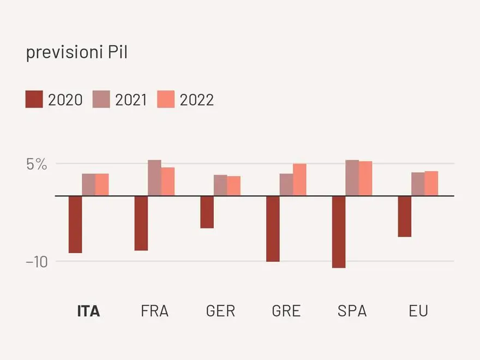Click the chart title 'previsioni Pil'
point(77,53)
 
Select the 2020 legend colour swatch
point(34,100)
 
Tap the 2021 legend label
point(131,100)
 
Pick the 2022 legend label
point(196,100)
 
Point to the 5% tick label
point(37,164)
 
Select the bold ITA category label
point(88,311)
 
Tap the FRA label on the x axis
point(154,311)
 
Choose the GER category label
point(220,311)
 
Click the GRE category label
point(286,311)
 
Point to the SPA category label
point(352,311)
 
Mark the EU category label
point(418,311)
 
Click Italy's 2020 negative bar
point(75,224)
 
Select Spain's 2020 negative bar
point(339,232)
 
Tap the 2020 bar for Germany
point(207,212)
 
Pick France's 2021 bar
point(154,178)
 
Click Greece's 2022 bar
point(299,179)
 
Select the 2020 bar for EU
point(405,216)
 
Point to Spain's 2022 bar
point(365,178)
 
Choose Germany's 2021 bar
point(220,185)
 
